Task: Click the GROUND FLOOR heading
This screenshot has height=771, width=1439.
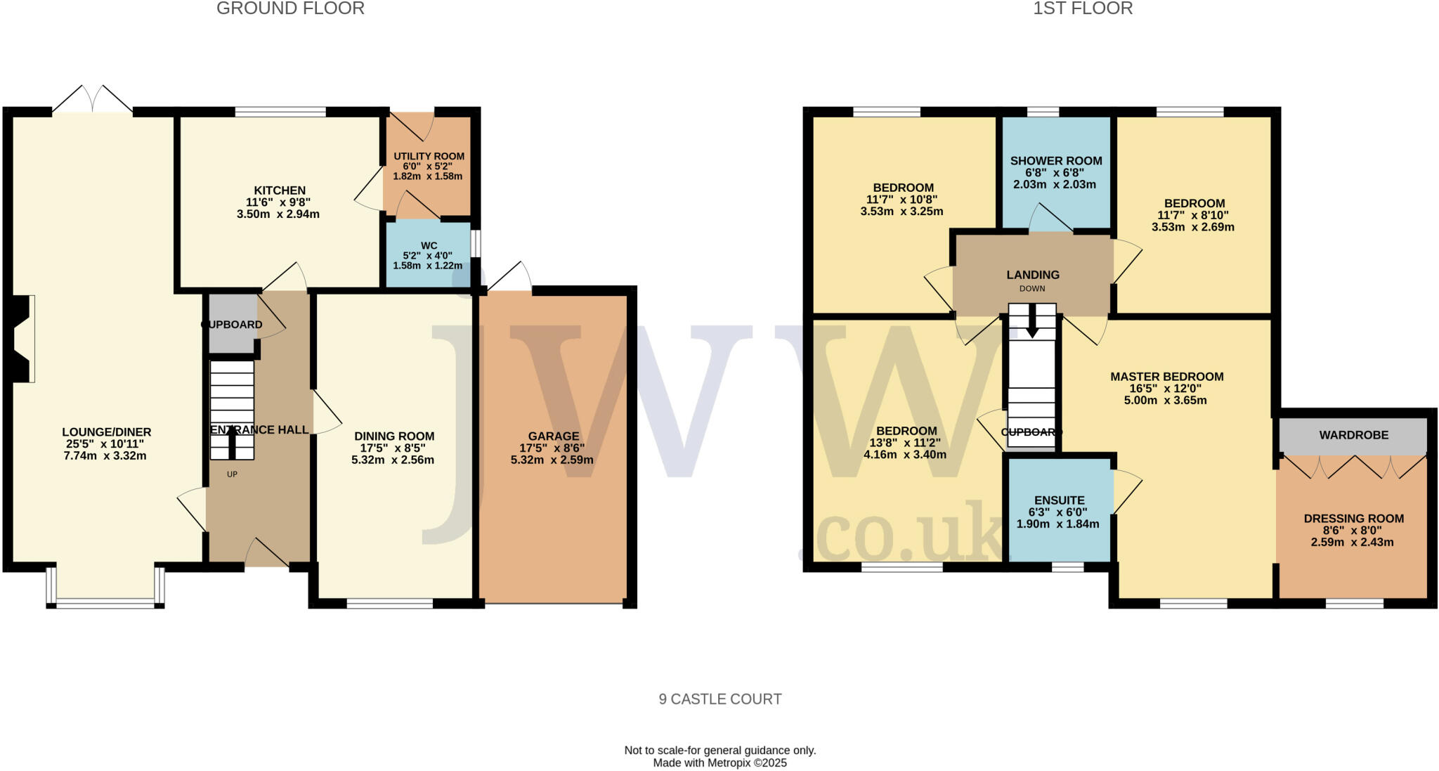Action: click(x=290, y=9)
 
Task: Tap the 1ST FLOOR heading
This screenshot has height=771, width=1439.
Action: click(x=1083, y=9)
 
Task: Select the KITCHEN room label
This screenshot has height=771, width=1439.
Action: click(x=280, y=190)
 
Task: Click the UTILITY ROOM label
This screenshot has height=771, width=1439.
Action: click(x=429, y=156)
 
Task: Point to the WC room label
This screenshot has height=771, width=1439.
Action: click(x=429, y=246)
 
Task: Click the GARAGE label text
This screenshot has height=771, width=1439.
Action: click(x=554, y=436)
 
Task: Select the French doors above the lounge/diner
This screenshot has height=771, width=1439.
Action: click(x=92, y=99)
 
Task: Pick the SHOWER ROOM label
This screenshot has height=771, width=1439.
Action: click(x=1055, y=161)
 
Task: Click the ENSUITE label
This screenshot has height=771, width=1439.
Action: click(x=1059, y=500)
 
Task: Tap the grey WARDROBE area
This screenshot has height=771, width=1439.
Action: click(x=1353, y=436)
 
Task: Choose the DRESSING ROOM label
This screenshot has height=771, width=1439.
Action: click(x=1353, y=519)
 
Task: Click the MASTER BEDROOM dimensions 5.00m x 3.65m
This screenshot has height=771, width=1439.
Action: click(x=1166, y=401)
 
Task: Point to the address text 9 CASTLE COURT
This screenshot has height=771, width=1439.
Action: click(x=719, y=699)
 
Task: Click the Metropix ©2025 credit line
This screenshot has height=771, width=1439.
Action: click(x=719, y=763)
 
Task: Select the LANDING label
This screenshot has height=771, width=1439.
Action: click(x=1032, y=275)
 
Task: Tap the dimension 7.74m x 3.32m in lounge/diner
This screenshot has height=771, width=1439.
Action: click(x=105, y=456)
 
